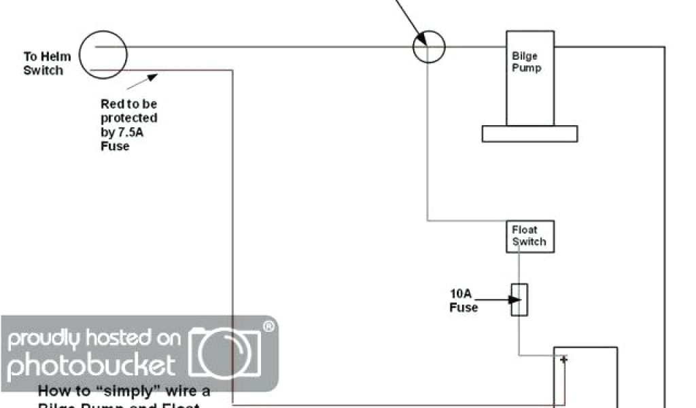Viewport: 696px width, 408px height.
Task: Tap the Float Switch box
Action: tap(529, 236)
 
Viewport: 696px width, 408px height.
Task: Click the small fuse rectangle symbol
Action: tap(520, 300)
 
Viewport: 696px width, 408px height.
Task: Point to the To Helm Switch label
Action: tap(43, 64)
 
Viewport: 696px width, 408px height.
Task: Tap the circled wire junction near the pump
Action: tap(429, 47)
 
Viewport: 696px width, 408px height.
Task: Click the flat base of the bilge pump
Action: tap(529, 134)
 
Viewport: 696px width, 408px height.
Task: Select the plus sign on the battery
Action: tap(563, 359)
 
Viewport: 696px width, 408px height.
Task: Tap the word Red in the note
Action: tap(113, 104)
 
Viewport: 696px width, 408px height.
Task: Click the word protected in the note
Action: tap(129, 118)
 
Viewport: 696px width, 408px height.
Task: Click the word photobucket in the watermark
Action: tap(92, 365)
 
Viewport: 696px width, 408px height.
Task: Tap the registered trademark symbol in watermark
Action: tap(269, 327)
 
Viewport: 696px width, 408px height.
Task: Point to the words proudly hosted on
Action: tap(94, 338)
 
